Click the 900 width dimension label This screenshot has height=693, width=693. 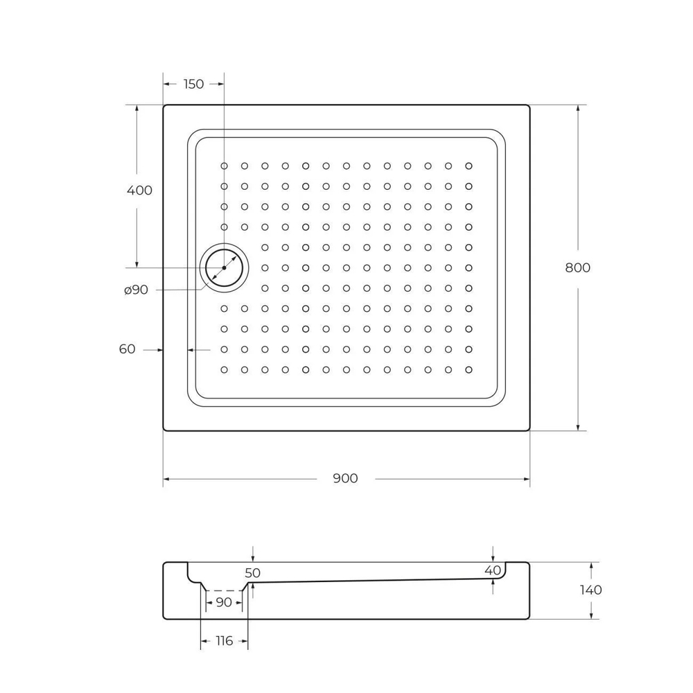pyautogui.click(x=345, y=479)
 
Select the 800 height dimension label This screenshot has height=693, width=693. pyautogui.click(x=578, y=268)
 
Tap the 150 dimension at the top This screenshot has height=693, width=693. pyautogui.click(x=193, y=84)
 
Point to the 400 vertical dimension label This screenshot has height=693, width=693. pyautogui.click(x=139, y=191)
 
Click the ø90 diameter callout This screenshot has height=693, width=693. pyautogui.click(x=136, y=290)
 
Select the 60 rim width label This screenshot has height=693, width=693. pyautogui.click(x=127, y=349)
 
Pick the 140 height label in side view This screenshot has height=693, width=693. pyautogui.click(x=590, y=590)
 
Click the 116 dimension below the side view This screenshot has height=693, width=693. pyautogui.click(x=224, y=642)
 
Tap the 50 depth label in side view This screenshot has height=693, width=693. pyautogui.click(x=253, y=573)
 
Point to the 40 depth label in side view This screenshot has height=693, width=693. pyautogui.click(x=493, y=570)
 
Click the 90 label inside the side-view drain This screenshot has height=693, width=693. pyautogui.click(x=224, y=603)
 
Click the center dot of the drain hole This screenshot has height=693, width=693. pyautogui.click(x=224, y=267)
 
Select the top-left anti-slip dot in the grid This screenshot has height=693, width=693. pyautogui.click(x=224, y=166)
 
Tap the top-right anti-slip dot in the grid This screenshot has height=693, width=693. pyautogui.click(x=468, y=166)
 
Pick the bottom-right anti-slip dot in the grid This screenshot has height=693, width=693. pyautogui.click(x=468, y=369)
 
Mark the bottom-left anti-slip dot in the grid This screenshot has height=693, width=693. pyautogui.click(x=224, y=369)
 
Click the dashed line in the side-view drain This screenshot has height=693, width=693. pyautogui.click(x=224, y=590)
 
